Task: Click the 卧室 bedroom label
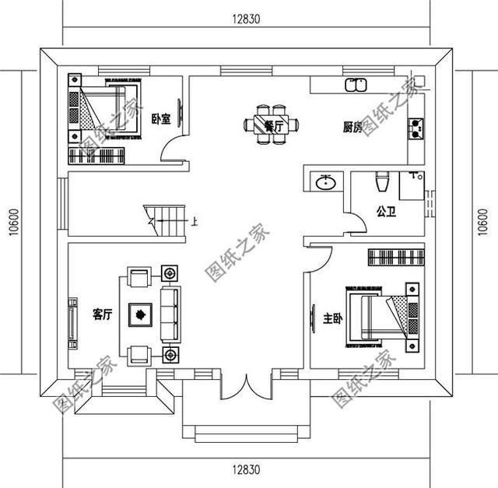[161, 119]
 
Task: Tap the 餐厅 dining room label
[274, 127]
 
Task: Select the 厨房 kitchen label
[352, 128]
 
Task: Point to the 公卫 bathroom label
[386, 212]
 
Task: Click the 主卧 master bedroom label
[333, 318]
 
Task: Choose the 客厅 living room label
[102, 314]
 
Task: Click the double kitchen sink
[356, 85]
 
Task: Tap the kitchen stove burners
[416, 128]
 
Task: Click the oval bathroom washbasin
[326, 182]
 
